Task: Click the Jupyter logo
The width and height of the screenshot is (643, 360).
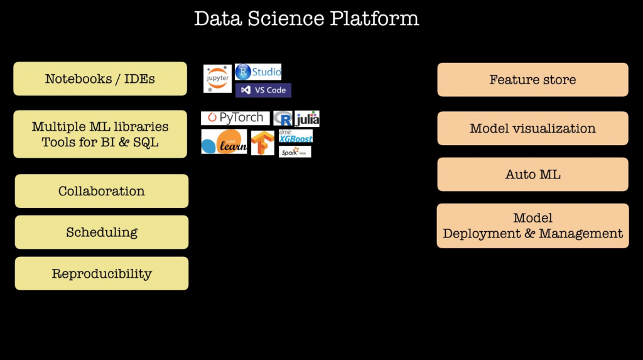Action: tap(217, 79)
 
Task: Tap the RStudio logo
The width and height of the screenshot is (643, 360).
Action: tap(258, 72)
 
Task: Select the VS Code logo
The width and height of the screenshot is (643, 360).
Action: tap(263, 90)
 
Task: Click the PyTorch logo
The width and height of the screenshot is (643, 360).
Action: tap(235, 118)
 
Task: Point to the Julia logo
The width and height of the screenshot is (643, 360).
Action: tap(307, 119)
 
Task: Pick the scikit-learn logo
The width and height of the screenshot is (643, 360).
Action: tap(224, 141)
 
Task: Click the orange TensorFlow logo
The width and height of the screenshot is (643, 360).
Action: tap(262, 143)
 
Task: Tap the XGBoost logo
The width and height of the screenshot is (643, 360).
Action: tap(296, 136)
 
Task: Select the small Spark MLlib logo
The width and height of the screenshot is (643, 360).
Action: tap(294, 151)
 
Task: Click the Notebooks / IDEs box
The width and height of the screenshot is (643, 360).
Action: tap(100, 79)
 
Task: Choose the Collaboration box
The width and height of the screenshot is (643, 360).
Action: tap(102, 191)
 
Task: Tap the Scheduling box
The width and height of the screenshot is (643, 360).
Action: tap(102, 232)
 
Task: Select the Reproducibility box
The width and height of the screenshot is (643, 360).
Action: tap(102, 273)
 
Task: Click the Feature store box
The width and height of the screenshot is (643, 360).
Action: tap(532, 80)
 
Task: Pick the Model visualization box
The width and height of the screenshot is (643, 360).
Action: tap(532, 128)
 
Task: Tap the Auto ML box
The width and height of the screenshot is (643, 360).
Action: tap(532, 174)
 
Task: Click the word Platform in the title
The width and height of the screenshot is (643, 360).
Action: tap(376, 18)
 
